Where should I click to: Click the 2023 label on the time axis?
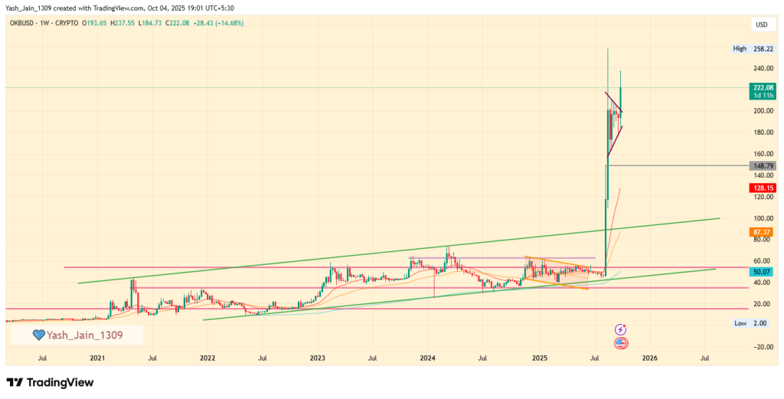(318, 358)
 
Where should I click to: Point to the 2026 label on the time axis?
(649, 358)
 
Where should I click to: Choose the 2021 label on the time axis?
(97, 358)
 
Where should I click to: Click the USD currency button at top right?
(761, 25)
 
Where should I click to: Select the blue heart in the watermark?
(38, 335)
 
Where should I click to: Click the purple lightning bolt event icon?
(622, 329)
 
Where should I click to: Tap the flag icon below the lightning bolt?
(622, 343)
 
